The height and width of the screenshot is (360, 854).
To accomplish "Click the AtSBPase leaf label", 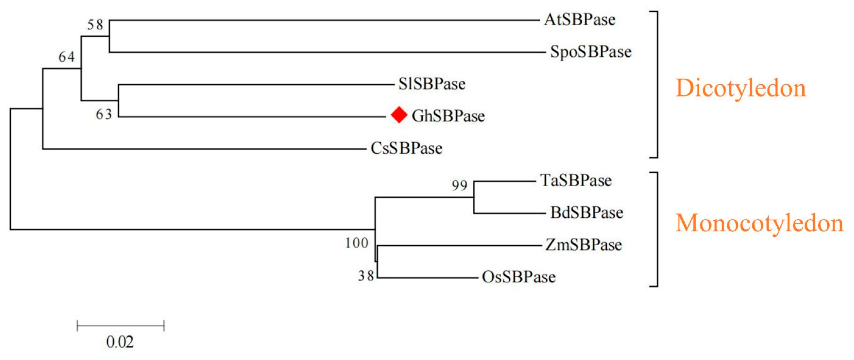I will click(x=580, y=20).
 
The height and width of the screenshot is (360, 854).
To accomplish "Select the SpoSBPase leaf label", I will click(x=591, y=52).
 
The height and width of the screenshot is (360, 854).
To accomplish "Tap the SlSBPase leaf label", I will click(x=432, y=84).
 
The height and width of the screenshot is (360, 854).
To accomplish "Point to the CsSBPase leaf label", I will click(x=406, y=148).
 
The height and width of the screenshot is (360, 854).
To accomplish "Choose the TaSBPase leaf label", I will click(x=576, y=181).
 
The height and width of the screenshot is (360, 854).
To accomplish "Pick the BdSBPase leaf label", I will click(x=587, y=212).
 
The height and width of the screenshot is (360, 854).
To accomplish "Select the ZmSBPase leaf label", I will click(x=583, y=245).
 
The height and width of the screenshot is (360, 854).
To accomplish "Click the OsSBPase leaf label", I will click(x=518, y=277).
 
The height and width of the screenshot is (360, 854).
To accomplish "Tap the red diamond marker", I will click(x=399, y=115).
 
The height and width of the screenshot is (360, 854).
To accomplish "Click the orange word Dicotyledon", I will click(x=741, y=88).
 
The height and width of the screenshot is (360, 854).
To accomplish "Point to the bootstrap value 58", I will click(x=95, y=25).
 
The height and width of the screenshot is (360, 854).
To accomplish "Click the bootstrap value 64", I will click(x=67, y=57).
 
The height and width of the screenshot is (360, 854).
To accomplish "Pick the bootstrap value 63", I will click(x=104, y=114).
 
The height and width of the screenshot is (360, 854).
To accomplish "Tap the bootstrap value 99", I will click(x=460, y=186).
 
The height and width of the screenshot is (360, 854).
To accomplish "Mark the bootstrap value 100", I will click(x=357, y=243).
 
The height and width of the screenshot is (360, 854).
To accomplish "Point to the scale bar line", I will click(x=120, y=325).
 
